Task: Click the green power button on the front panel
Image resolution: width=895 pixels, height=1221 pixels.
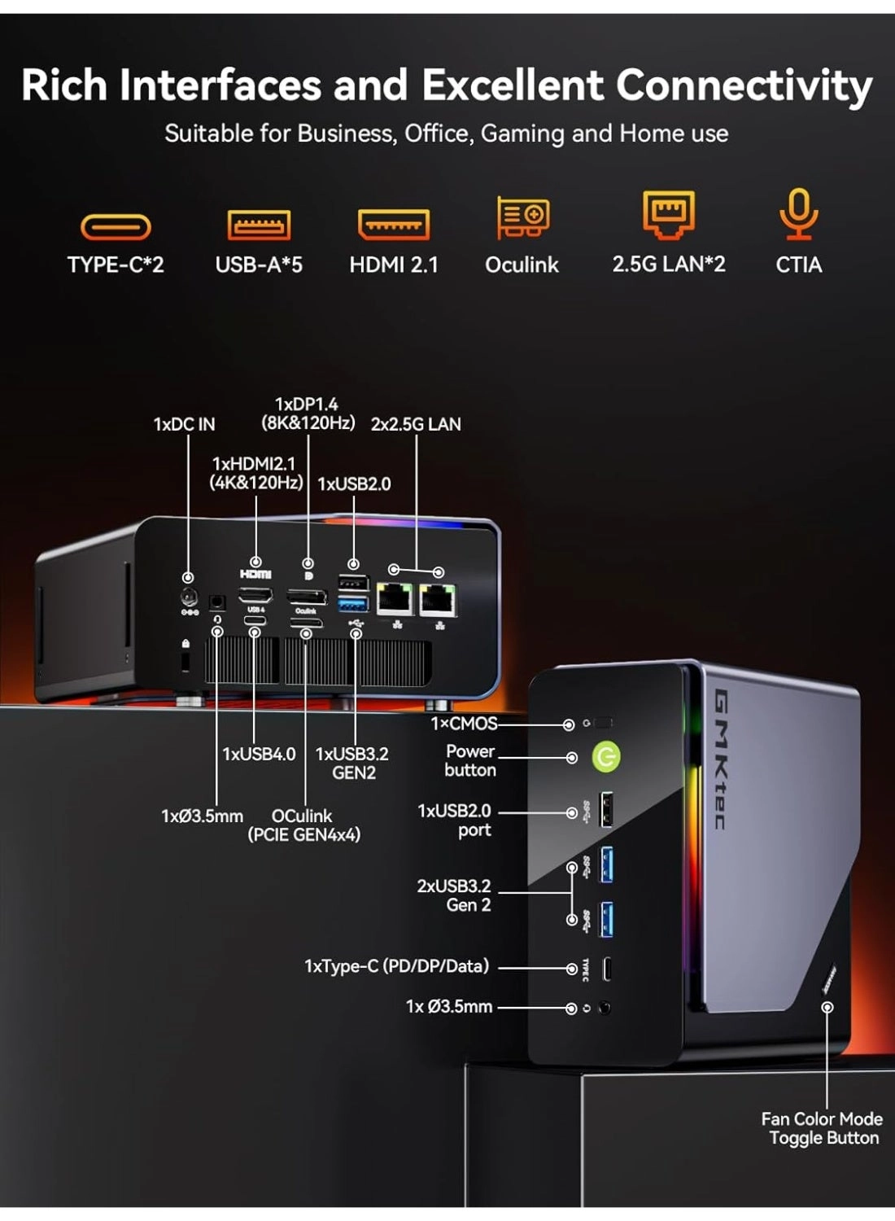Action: [605, 757]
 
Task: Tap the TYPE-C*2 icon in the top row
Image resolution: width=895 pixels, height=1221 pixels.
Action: [116, 226]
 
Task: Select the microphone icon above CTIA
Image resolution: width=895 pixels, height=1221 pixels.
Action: [798, 213]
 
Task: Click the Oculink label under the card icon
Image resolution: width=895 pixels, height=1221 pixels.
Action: [522, 265]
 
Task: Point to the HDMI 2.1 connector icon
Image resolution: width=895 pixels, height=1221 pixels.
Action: [394, 225]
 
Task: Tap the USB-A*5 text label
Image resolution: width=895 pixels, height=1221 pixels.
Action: [259, 265]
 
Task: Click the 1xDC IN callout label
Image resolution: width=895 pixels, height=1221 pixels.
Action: [184, 424]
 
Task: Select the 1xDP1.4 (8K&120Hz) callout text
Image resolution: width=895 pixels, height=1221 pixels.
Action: [308, 414]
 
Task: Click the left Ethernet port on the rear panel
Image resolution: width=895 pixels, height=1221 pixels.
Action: [395, 600]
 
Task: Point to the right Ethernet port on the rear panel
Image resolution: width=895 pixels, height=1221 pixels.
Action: [437, 600]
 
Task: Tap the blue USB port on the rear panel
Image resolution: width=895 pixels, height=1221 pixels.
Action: [353, 604]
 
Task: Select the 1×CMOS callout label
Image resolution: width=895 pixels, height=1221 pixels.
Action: [463, 723]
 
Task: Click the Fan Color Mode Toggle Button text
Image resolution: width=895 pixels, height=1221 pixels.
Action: [822, 1128]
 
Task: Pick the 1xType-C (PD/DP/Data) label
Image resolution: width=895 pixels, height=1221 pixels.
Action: [396, 966]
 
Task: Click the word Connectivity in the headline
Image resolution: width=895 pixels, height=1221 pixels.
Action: [744, 85]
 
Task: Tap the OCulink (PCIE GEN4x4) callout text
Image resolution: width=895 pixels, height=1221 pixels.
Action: [303, 825]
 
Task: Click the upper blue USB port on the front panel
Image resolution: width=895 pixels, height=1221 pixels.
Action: [606, 864]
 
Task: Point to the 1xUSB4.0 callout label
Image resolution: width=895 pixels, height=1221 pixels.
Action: [259, 754]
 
